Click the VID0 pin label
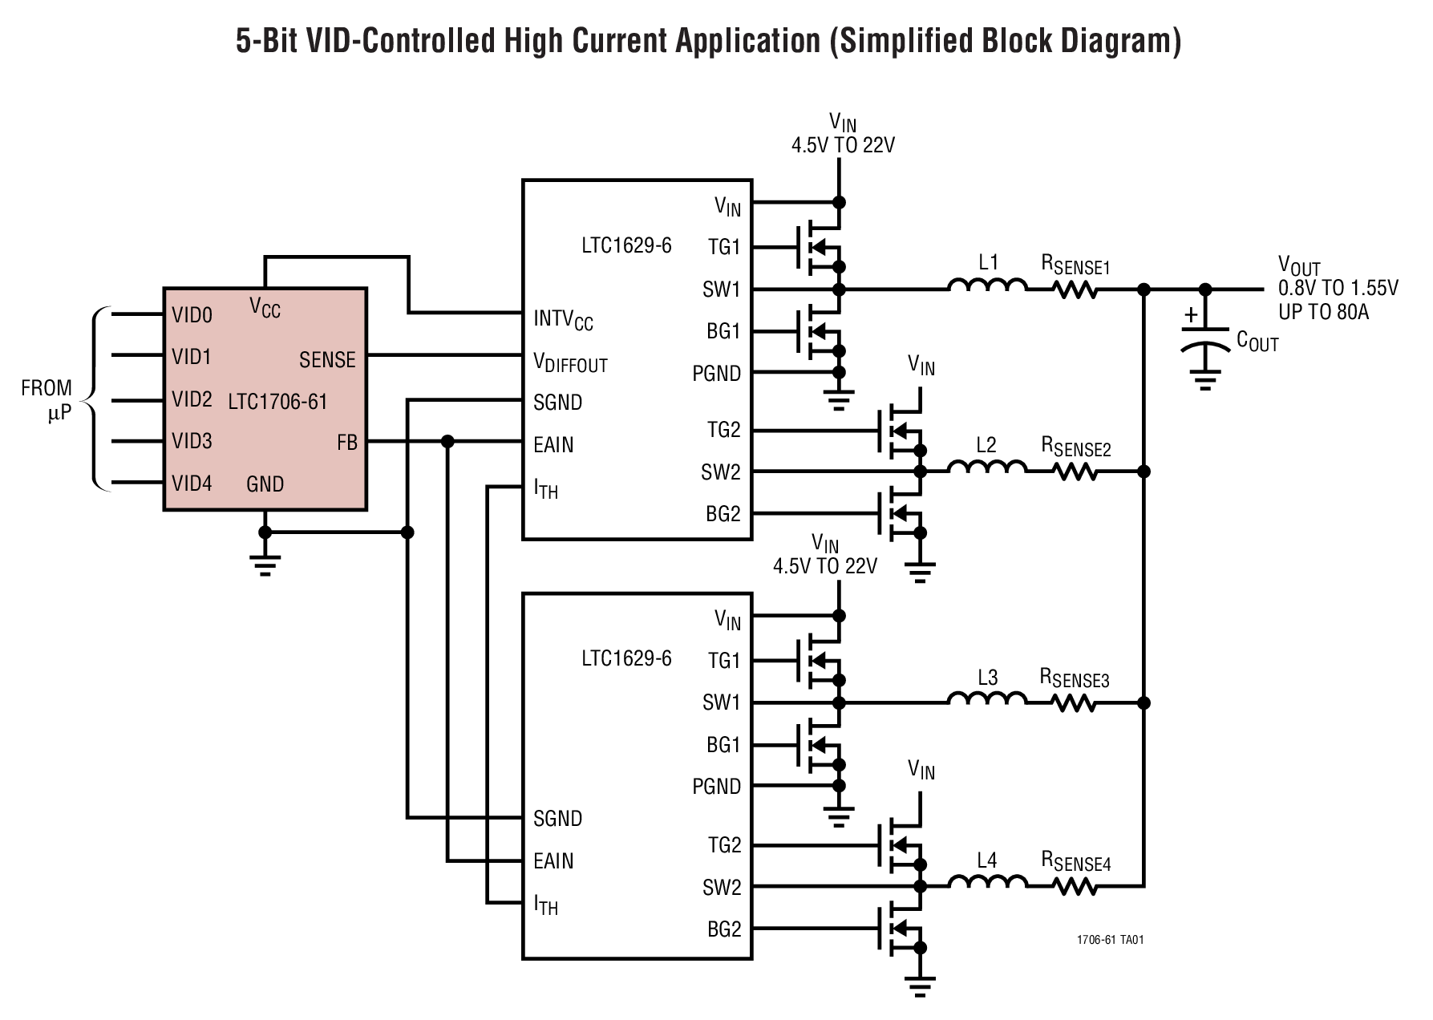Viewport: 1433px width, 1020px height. [192, 315]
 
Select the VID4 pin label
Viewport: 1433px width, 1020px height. [192, 484]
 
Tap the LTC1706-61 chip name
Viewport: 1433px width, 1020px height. [277, 401]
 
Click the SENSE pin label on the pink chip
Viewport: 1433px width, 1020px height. [327, 360]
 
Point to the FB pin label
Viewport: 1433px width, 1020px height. [347, 443]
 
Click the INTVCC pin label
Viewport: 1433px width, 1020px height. [563, 320]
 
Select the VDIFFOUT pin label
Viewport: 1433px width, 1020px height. [570, 363]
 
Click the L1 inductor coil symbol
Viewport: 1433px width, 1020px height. [987, 286]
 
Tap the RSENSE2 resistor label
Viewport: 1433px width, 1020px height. [1075, 447]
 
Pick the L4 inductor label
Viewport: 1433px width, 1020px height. [986, 860]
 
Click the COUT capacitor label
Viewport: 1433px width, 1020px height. [1257, 342]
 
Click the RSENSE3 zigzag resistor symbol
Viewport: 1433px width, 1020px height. [1073, 703]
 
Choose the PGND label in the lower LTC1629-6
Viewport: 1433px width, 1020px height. [716, 787]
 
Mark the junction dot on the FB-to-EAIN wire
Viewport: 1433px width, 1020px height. [447, 442]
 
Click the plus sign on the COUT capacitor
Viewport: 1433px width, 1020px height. [1191, 315]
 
